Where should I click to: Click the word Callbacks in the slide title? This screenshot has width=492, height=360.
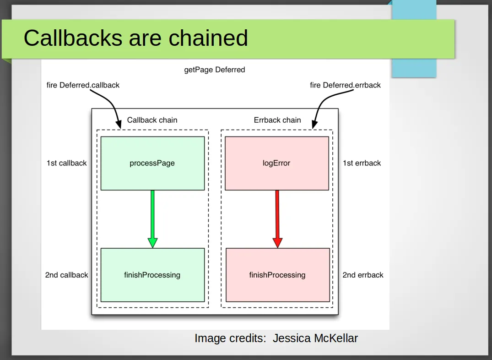coord(73,38)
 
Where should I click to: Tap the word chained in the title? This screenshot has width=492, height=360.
coord(208,38)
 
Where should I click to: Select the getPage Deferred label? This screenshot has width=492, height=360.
coord(215,70)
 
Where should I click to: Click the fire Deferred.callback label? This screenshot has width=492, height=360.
coord(83,85)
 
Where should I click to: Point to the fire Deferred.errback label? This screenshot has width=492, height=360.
coord(345,85)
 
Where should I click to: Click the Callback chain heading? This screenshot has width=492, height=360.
coord(152,120)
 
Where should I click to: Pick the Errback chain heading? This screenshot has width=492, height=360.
coord(277,120)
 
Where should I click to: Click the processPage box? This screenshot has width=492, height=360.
coord(152,164)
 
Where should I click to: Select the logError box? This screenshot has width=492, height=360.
coord(277,164)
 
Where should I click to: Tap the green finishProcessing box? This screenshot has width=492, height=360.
coord(152,275)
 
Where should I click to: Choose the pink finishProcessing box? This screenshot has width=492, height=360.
coord(278,275)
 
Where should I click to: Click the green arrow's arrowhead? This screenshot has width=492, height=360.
coord(152,242)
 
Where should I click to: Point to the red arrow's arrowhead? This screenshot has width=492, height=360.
coord(277,242)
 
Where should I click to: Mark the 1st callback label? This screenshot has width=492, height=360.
coord(66,163)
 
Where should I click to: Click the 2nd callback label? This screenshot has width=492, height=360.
coord(66,275)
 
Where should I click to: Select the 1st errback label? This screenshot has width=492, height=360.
coord(362,163)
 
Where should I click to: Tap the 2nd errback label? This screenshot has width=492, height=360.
coord(363,275)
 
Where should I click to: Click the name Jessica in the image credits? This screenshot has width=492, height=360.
coord(292,338)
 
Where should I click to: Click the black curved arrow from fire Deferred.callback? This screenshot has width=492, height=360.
coord(110,101)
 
